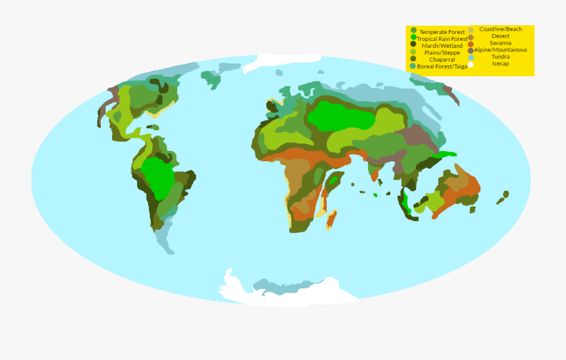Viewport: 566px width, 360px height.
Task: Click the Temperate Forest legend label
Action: (x=442, y=31)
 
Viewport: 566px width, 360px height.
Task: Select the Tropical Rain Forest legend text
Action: (x=442, y=39)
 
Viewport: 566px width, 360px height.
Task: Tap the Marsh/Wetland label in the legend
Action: (x=442, y=46)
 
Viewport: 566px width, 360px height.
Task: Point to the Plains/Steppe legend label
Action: (x=442, y=53)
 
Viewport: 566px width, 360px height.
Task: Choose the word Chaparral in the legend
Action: (x=442, y=60)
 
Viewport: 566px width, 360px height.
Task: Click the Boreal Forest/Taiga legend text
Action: (x=442, y=66)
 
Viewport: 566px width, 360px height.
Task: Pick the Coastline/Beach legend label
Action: (x=501, y=29)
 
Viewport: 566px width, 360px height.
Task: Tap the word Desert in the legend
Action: (x=501, y=36)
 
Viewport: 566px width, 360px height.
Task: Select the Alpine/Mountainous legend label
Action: (x=501, y=50)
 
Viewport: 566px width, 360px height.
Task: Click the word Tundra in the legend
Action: (x=501, y=57)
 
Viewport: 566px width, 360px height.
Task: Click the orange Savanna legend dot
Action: (x=470, y=43)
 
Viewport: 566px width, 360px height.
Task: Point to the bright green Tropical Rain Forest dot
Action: (x=413, y=38)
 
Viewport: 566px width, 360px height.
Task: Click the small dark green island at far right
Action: (x=502, y=200)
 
